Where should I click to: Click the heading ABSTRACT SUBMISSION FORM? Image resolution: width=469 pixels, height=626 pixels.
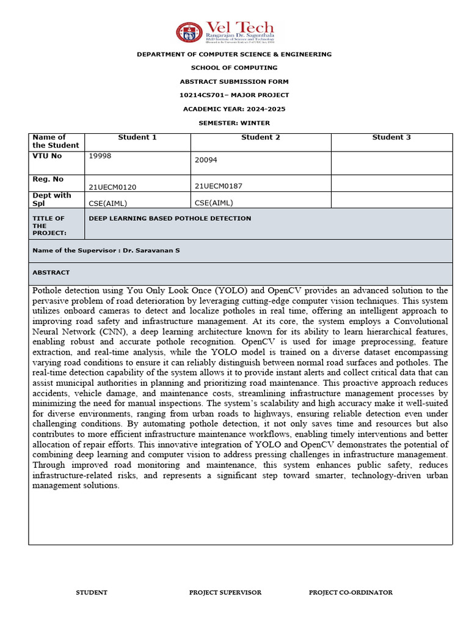(x=234, y=81)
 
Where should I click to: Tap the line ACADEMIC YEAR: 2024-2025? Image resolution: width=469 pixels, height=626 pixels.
(x=234, y=109)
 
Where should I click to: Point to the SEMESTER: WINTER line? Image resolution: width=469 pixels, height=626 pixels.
(x=234, y=123)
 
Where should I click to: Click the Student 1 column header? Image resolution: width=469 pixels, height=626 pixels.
(x=137, y=138)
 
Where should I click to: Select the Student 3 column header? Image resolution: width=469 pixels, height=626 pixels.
(x=391, y=138)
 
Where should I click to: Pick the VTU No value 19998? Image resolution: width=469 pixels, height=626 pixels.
(x=100, y=156)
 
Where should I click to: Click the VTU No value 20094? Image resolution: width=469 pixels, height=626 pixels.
(x=206, y=160)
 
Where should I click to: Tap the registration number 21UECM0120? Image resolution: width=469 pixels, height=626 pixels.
(x=112, y=186)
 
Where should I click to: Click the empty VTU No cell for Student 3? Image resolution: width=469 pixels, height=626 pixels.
(x=391, y=163)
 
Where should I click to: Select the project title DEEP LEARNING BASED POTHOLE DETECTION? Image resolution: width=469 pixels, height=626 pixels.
(x=170, y=218)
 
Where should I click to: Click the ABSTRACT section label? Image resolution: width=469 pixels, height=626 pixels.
(x=51, y=273)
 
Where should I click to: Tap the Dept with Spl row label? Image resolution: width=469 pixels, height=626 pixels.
(x=51, y=199)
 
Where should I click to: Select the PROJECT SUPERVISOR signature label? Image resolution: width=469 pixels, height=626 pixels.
(x=225, y=592)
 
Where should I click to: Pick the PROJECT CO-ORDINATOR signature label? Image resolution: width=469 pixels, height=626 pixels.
(x=350, y=592)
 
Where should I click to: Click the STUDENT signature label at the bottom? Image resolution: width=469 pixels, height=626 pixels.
(x=91, y=592)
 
